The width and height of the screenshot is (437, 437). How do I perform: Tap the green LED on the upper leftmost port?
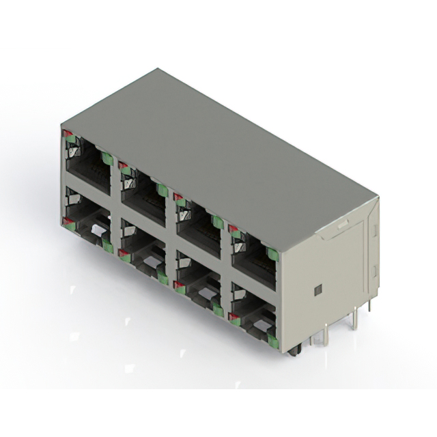pos(107,158)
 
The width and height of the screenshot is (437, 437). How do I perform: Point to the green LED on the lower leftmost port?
pos(107,246)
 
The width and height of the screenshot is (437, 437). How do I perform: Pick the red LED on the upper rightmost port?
pos(233,229)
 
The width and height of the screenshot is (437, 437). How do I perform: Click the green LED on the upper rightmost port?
pos(272,254)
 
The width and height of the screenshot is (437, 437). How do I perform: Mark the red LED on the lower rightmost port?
pos(234,316)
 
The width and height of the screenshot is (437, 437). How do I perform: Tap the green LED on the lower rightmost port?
pos(272,340)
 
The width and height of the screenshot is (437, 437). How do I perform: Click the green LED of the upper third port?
pos(217,221)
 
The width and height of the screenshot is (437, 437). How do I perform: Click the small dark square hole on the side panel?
pos(318,290)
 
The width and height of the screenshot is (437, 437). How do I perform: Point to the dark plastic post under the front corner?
pos(294,352)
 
